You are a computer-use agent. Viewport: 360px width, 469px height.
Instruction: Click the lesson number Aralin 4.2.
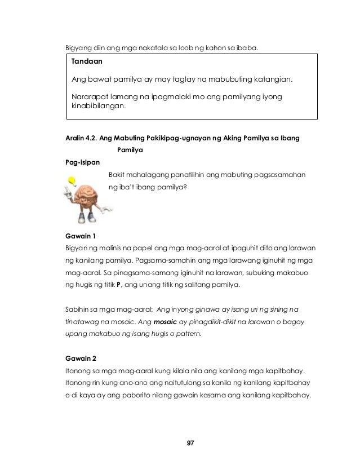81,138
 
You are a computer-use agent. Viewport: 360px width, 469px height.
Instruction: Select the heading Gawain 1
81,236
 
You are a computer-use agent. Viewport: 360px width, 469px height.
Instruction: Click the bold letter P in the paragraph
119,285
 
